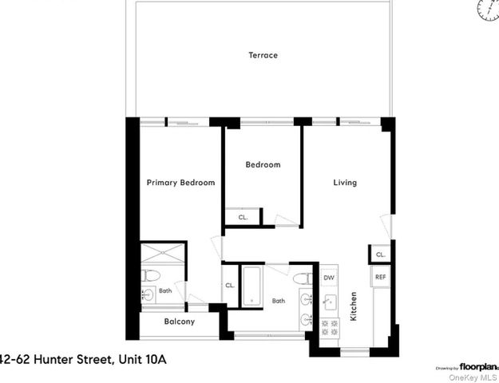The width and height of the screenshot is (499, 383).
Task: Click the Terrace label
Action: pos(263,55)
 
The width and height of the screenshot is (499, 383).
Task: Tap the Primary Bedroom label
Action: pos(180,183)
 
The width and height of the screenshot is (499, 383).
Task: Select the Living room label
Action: pos(345,183)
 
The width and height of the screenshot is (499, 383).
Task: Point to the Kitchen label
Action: pos(354,306)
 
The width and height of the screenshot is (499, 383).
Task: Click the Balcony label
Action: pos(179,322)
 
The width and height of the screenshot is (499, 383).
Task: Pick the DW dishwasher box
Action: pos(328,278)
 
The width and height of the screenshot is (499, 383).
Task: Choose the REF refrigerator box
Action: pos(380,278)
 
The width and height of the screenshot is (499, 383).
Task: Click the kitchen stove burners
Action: pos(328,325)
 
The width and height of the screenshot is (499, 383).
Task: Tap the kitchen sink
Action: pos(330,302)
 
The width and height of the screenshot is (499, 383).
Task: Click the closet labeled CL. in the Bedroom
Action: pos(243,217)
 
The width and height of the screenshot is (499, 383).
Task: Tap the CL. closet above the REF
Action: pos(380,255)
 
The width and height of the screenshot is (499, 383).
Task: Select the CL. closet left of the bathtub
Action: pos(230,285)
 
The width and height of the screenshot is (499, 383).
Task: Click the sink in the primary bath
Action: pos(149,296)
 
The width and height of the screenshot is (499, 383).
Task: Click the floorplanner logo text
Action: pos(478,367)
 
